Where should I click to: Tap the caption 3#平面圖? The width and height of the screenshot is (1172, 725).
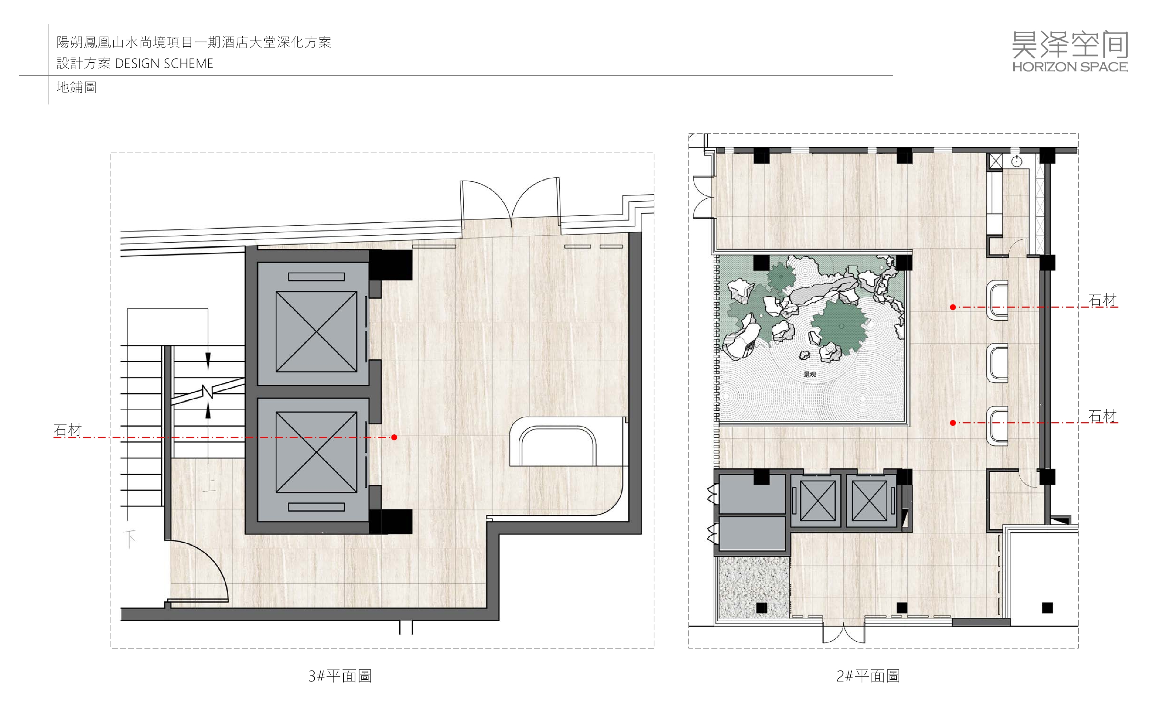[x=340, y=676]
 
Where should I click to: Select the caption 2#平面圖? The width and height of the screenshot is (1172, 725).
[x=868, y=676]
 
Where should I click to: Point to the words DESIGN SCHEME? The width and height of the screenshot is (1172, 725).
[x=164, y=63]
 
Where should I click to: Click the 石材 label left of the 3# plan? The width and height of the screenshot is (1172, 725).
[x=68, y=430]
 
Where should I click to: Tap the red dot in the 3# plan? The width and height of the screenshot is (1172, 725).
[x=394, y=437]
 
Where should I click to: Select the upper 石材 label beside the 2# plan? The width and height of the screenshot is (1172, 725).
[x=1103, y=300]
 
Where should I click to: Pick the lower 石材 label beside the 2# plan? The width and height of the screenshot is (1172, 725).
[x=1103, y=416]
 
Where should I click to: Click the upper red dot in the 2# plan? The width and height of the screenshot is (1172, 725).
[x=953, y=307]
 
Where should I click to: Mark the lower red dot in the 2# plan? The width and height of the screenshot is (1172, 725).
[x=953, y=423]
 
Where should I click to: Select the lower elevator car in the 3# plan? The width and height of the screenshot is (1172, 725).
[x=316, y=452]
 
